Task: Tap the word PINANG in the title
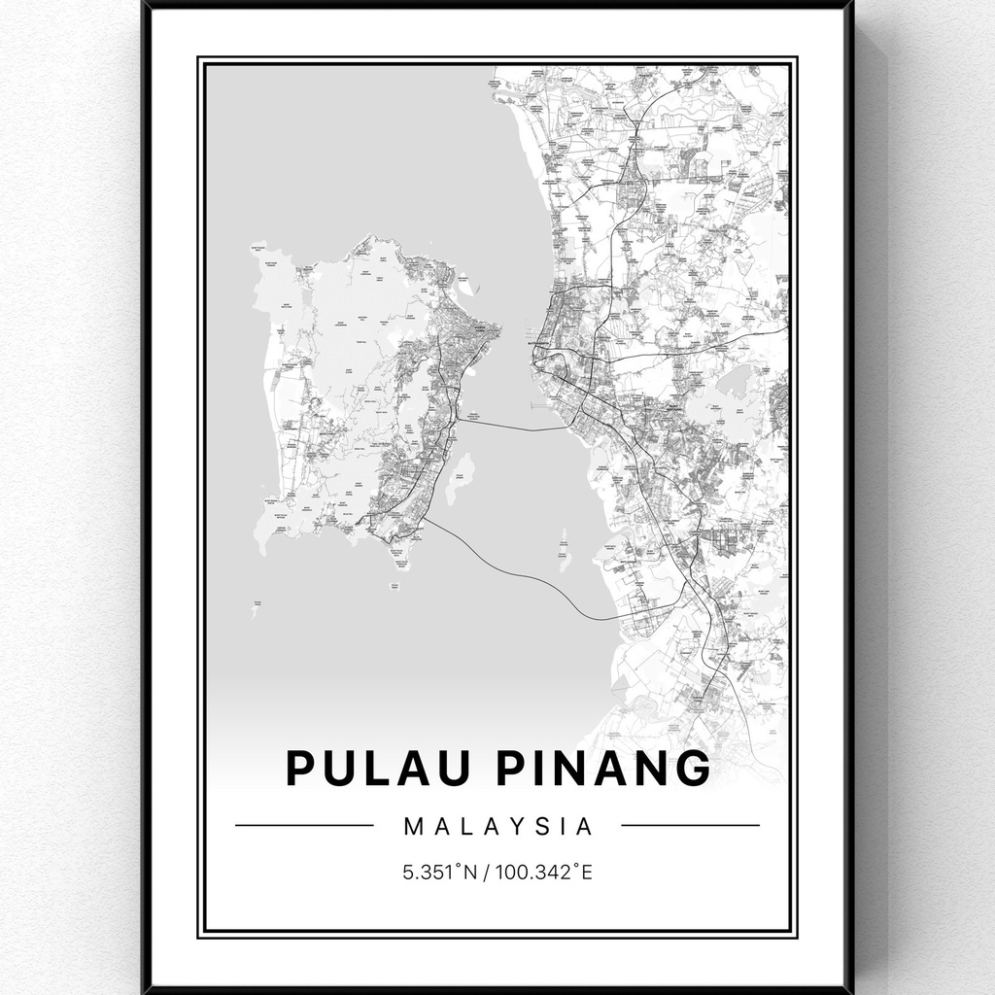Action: click(603, 768)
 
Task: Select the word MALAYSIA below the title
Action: click(497, 827)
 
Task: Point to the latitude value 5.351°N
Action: click(440, 872)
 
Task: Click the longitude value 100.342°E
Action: click(544, 872)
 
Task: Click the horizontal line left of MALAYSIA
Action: click(303, 826)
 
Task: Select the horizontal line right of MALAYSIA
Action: click(690, 826)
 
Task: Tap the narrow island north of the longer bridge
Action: click(564, 550)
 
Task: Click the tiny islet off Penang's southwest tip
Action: click(255, 608)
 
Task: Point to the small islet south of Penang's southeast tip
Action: click(395, 586)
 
